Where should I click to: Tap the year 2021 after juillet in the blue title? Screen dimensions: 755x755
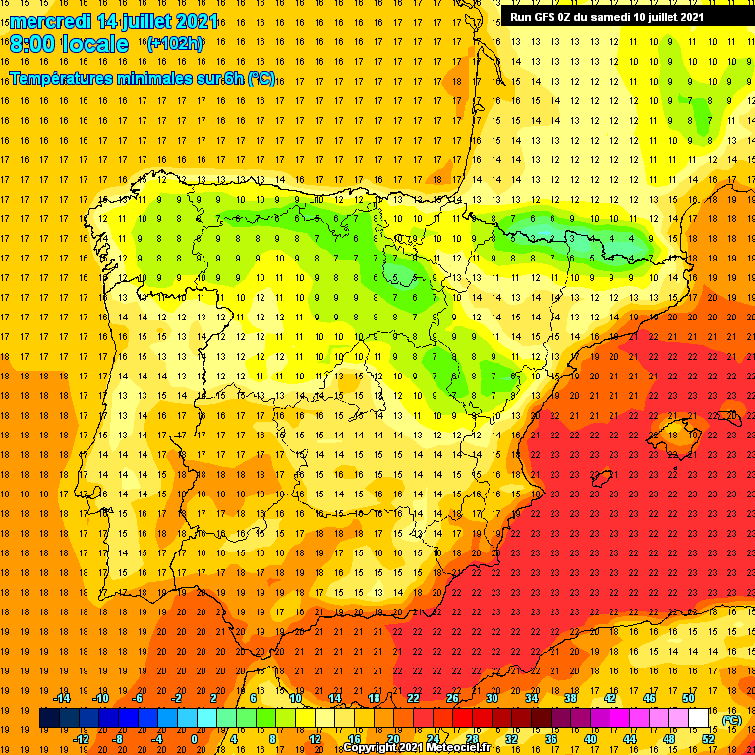(x=193, y=22)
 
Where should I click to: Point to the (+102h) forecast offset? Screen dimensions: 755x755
(x=174, y=43)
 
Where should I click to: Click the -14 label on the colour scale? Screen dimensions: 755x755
(x=61, y=698)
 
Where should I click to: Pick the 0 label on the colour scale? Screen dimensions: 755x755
(x=194, y=739)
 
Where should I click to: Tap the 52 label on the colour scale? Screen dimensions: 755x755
(x=708, y=739)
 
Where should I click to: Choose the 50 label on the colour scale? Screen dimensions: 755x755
(x=688, y=698)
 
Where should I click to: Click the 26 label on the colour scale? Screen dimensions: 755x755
(x=452, y=698)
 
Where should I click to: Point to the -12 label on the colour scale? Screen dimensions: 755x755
(x=82, y=739)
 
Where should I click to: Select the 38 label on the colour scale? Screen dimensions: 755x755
(x=570, y=698)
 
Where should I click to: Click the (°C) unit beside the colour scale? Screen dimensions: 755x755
(x=731, y=720)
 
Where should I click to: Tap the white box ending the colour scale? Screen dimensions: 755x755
(x=698, y=719)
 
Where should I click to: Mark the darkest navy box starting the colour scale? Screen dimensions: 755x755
(x=49, y=719)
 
